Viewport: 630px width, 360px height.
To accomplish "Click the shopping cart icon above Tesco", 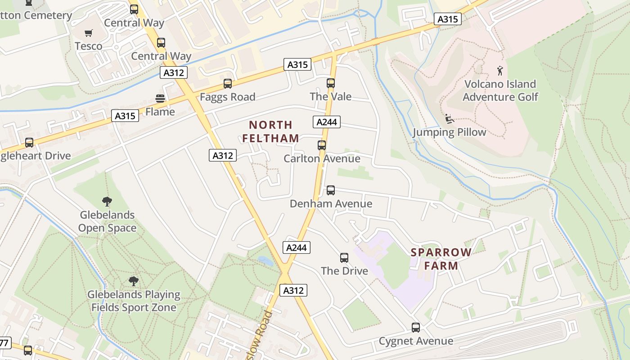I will tap(89, 33).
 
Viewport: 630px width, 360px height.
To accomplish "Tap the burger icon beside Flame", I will tap(160, 98).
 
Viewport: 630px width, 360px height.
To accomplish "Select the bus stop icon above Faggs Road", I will tap(228, 84).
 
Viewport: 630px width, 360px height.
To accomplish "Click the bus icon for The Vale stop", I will tap(331, 83).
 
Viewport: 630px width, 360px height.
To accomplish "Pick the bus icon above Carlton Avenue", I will tap(322, 145).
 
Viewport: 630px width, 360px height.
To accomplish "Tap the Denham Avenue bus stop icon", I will tap(331, 190).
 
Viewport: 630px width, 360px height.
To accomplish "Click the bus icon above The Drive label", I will tap(344, 258).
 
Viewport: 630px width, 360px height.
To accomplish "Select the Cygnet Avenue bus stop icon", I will tap(416, 328).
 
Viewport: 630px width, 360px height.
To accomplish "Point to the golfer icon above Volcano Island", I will tap(500, 71).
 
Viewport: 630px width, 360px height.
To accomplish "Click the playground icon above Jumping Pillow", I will tap(449, 119).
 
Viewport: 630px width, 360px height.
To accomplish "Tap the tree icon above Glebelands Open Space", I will tap(107, 202).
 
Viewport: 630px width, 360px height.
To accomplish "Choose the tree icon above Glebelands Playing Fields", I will tap(133, 281).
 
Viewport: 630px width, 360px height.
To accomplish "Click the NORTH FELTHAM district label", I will tap(270, 131).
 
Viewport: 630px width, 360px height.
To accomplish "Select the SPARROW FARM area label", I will tap(441, 259).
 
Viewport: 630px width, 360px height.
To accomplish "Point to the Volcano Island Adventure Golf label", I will tap(500, 90).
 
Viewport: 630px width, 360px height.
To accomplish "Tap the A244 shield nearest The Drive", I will tap(297, 247).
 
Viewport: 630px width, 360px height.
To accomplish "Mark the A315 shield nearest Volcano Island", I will tap(448, 19).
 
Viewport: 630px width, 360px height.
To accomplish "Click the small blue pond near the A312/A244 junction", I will tap(265, 261).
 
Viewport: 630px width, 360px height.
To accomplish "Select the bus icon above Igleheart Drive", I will tap(29, 143).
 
